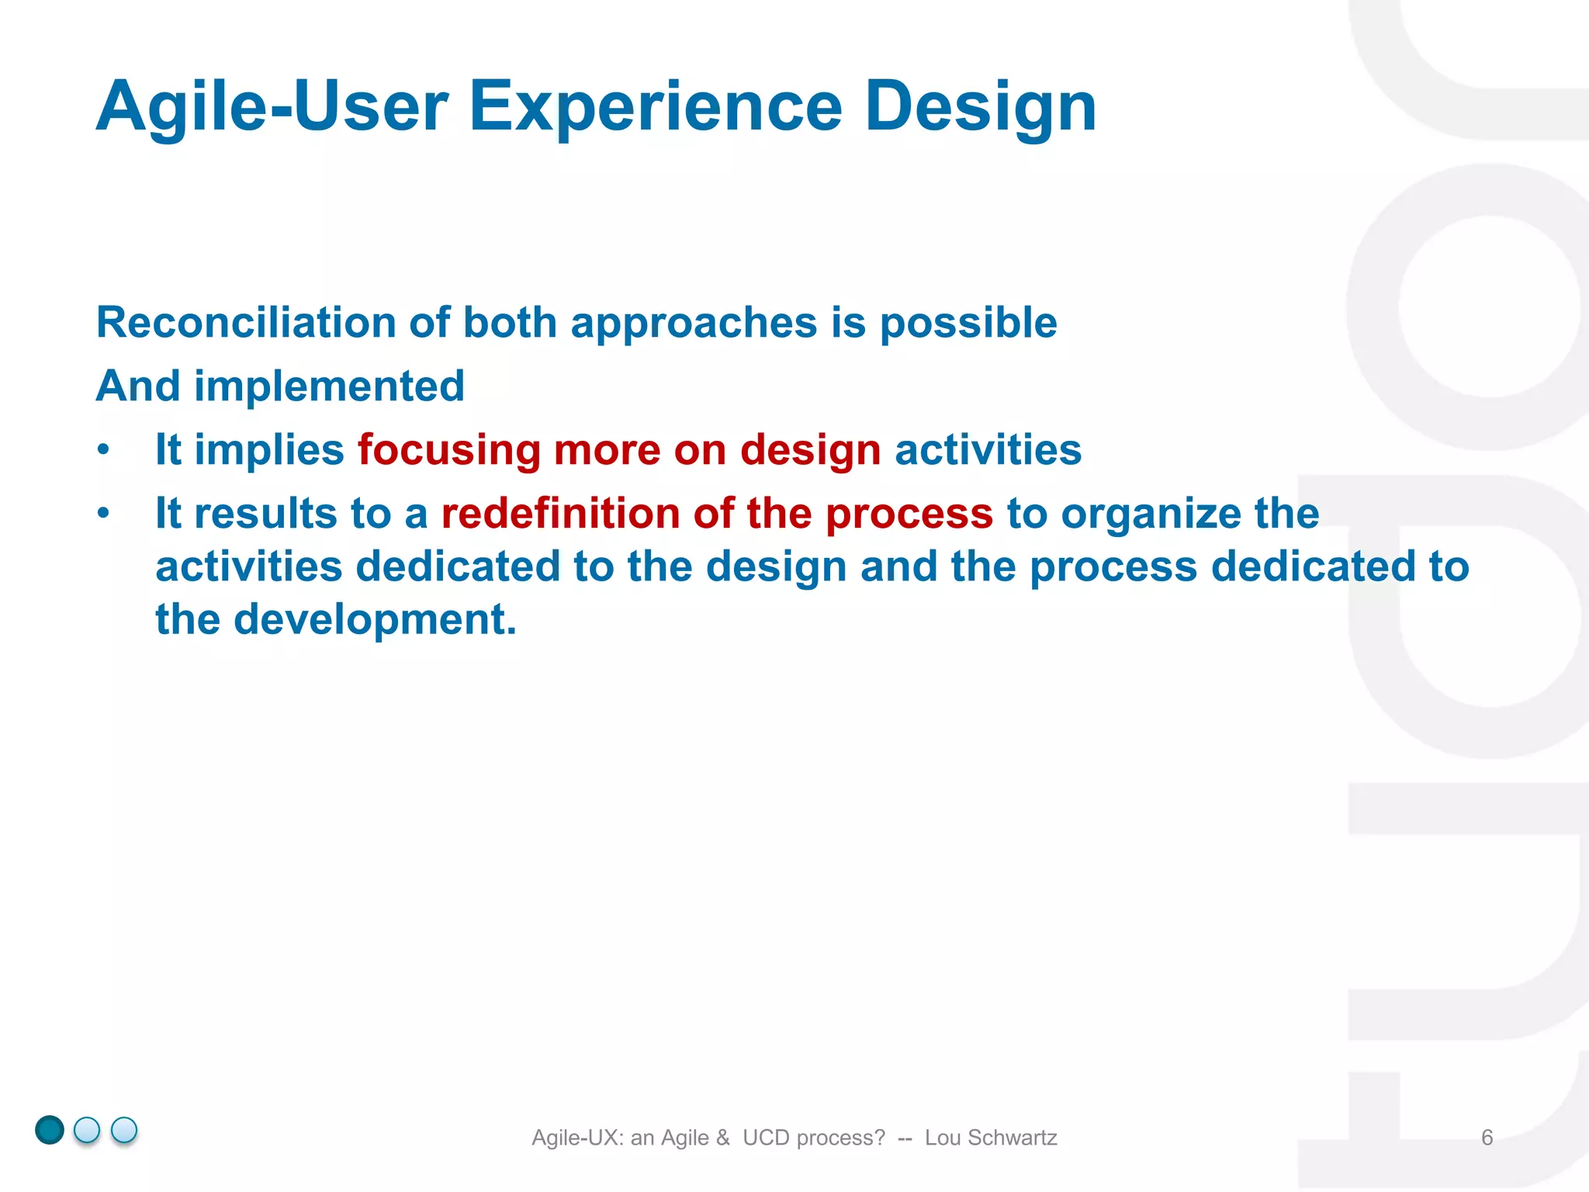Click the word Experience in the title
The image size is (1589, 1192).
[x=656, y=107]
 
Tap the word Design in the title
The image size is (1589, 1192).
[x=981, y=107]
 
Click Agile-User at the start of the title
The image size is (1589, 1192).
[x=272, y=107]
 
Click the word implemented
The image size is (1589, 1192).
[x=329, y=386]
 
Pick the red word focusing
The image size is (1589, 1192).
[x=448, y=450]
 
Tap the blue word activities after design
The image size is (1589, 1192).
[x=988, y=450]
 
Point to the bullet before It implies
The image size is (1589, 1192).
[x=103, y=450]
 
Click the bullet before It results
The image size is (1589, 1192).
[x=103, y=514]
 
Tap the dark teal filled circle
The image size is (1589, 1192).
[x=50, y=1130]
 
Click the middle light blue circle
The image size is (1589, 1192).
[x=87, y=1130]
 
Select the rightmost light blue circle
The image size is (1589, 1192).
[x=124, y=1130]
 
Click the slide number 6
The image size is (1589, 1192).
[x=1487, y=1138]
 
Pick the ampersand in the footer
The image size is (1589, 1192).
[x=723, y=1138]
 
